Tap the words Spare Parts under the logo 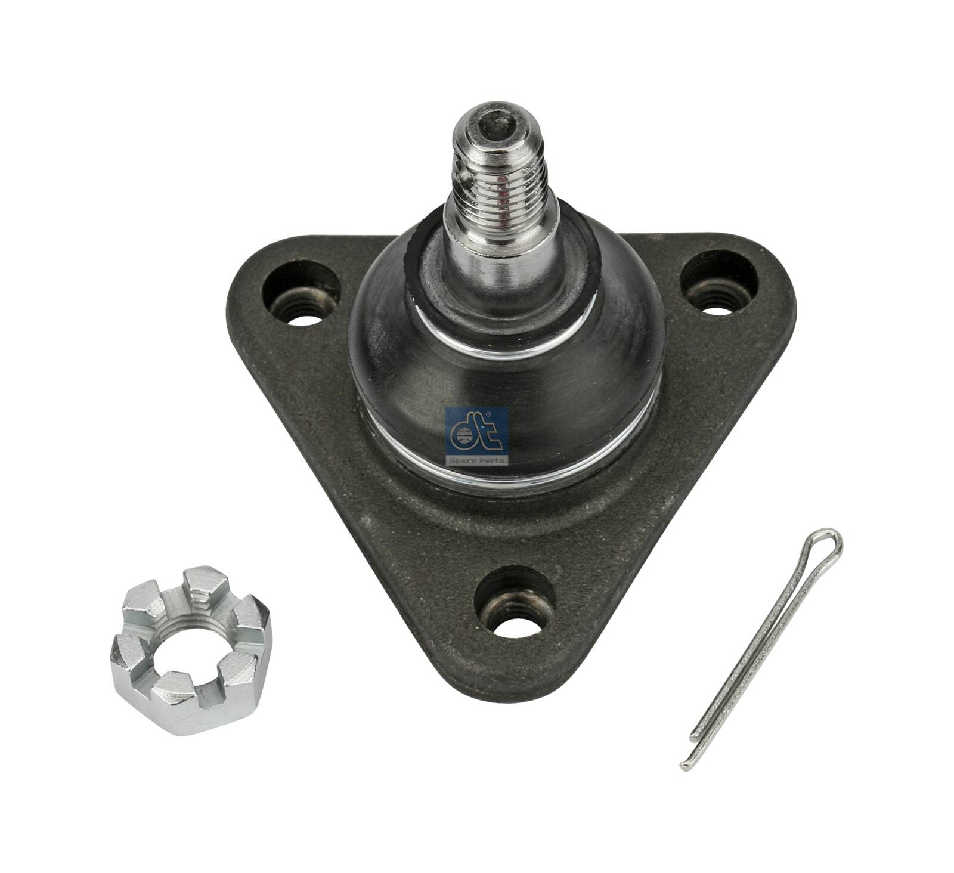[x=476, y=459]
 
